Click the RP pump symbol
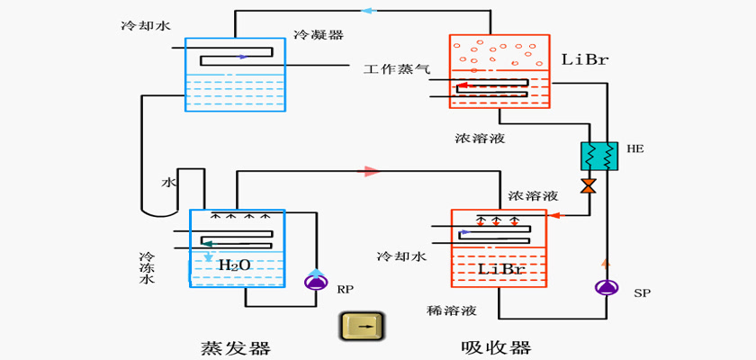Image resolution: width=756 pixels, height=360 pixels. click(316, 282)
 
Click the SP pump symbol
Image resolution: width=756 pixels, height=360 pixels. click(604, 287)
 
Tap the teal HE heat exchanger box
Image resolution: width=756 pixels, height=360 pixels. click(599, 156)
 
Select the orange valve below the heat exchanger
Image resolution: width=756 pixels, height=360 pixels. click(589, 186)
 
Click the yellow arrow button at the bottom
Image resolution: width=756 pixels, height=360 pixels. click(363, 327)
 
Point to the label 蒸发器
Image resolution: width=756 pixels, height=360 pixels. click(235, 347)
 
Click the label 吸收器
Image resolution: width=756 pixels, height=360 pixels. click(496, 347)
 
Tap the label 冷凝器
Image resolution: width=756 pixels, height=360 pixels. click(319, 34)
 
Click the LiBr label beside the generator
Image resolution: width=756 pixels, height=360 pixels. click(585, 59)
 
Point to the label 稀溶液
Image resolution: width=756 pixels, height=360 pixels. click(452, 310)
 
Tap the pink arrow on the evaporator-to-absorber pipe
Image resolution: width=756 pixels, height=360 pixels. click(372, 171)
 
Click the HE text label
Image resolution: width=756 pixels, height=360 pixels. click(635, 148)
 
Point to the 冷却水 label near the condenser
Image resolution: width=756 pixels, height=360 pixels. click(146, 25)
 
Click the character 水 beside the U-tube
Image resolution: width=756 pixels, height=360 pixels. click(168, 182)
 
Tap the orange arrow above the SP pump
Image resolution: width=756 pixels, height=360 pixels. click(606, 262)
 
